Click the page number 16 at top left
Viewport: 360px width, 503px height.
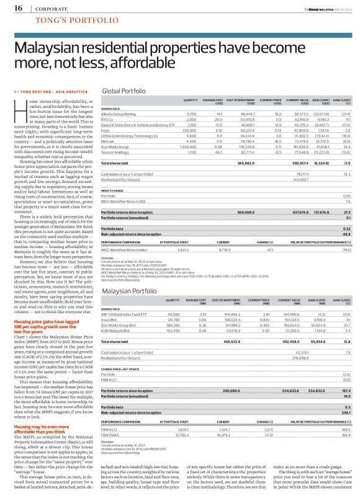[x=18, y=9]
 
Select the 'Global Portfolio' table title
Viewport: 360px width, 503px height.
[x=124, y=91]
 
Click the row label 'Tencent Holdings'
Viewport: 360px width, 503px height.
[x=116, y=151]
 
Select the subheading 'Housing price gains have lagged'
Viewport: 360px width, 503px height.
[x=48, y=322]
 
